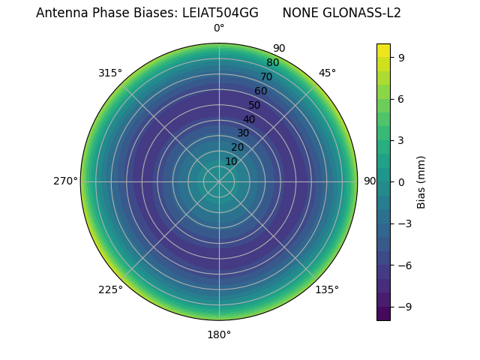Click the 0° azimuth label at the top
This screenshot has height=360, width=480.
click(219, 28)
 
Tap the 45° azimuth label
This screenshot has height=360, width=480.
click(327, 73)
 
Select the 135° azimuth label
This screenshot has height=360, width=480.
click(327, 289)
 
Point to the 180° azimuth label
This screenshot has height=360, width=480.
click(219, 334)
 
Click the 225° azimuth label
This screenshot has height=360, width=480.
click(110, 289)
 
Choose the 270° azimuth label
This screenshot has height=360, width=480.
click(66, 181)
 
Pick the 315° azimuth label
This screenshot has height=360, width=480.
click(110, 73)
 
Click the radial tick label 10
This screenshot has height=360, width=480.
click(231, 161)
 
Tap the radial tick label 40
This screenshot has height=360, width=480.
click(249, 119)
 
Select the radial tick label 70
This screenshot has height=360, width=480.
click(266, 76)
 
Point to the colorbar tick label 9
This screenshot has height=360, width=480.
click(401, 57)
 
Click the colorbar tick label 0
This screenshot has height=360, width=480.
click(401, 181)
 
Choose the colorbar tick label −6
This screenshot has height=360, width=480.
click(403, 265)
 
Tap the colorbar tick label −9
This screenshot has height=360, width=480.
click(403, 307)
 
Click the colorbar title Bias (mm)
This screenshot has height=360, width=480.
click(421, 181)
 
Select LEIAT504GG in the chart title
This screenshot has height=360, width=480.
click(220, 13)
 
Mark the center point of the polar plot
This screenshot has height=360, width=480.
click(219, 181)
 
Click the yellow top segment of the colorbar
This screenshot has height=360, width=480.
click(383, 49)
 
